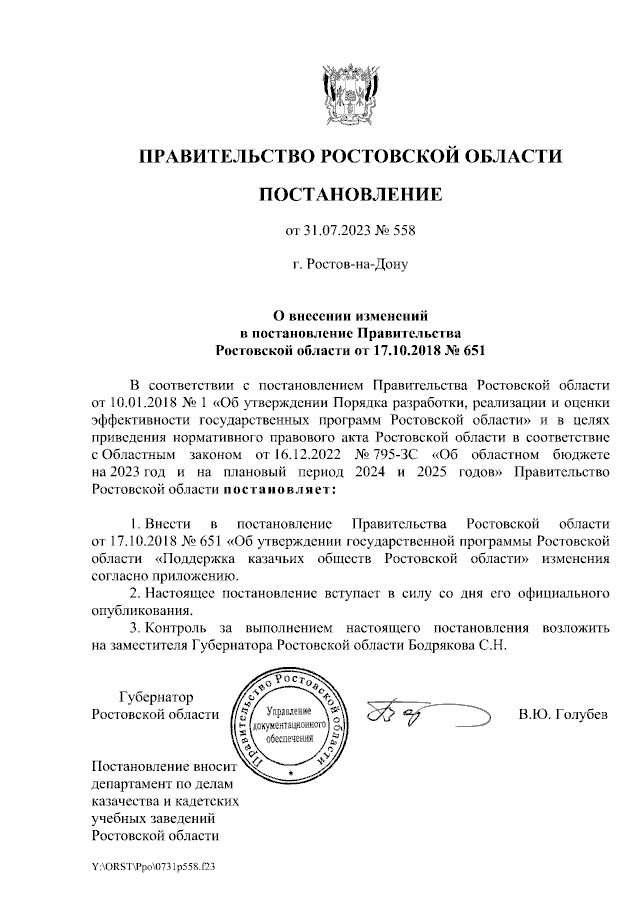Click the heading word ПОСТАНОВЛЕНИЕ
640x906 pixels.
[x=349, y=194]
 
